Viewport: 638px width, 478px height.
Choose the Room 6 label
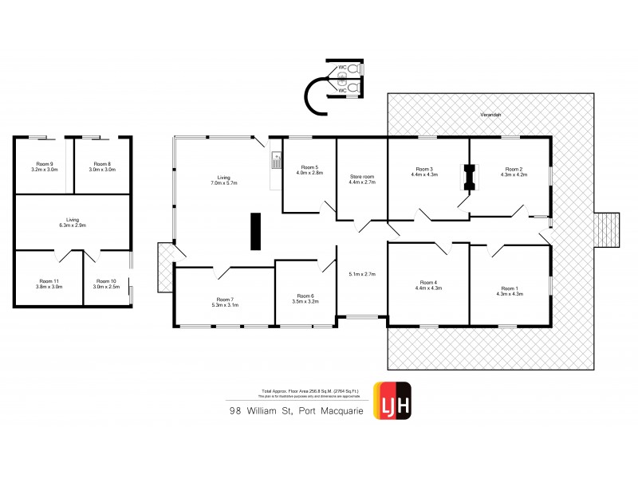pyautogui.click(x=305, y=298)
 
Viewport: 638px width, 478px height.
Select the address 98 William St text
pyautogui.click(x=262, y=411)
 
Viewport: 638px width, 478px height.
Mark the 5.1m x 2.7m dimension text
pyautogui.click(x=361, y=275)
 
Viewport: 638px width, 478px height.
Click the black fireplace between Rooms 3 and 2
pyautogui.click(x=469, y=177)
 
